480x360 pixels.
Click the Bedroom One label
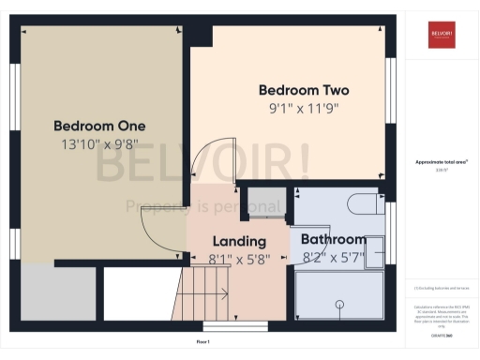click(x=99, y=126)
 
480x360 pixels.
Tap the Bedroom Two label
click(x=304, y=91)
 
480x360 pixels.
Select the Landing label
click(x=239, y=241)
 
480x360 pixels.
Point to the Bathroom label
click(x=333, y=239)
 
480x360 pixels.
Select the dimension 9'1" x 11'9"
click(x=304, y=108)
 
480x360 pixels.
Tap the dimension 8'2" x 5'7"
click(x=333, y=256)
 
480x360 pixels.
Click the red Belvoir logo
click(x=442, y=34)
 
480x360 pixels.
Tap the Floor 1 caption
click(x=202, y=342)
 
